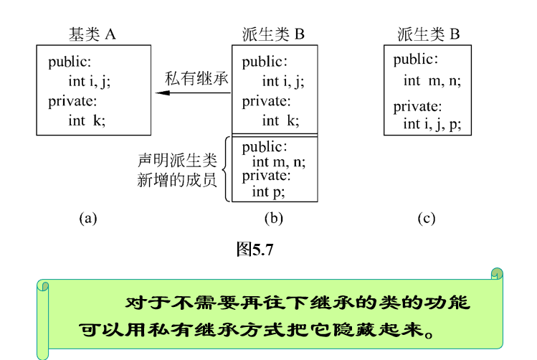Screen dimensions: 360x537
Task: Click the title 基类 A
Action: coord(92,33)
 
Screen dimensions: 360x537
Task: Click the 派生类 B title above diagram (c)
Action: coord(428,33)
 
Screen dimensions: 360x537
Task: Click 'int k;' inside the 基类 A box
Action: coord(87,120)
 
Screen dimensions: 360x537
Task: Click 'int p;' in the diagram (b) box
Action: coord(268,191)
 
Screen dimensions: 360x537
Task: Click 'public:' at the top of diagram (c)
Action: coord(415,60)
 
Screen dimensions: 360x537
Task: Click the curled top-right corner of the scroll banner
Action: coord(496,275)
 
